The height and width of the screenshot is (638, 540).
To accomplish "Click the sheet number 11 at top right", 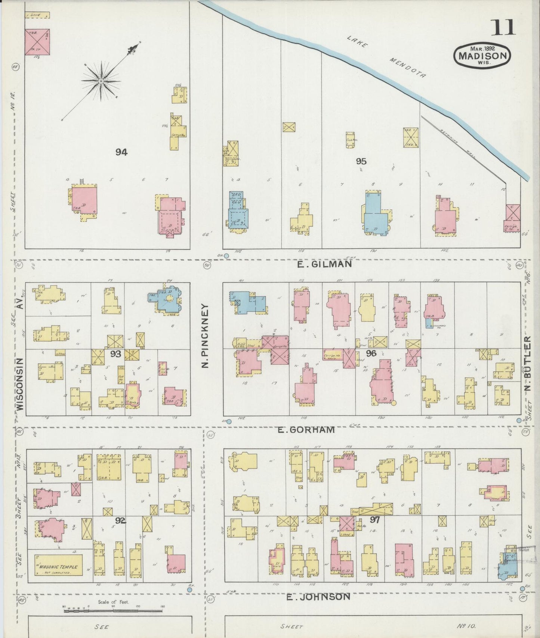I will pyautogui.click(x=503, y=27).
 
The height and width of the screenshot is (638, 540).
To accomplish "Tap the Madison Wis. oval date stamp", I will pyautogui.click(x=482, y=56).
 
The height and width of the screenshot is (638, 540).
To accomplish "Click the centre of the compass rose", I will pyautogui.click(x=101, y=81).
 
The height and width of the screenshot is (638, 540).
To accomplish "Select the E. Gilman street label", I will pyautogui.click(x=324, y=264).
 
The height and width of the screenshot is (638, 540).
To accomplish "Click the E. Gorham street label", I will pyautogui.click(x=306, y=430).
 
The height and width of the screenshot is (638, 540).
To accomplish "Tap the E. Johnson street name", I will pyautogui.click(x=318, y=597).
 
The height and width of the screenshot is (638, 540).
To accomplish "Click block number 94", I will pyautogui.click(x=121, y=152).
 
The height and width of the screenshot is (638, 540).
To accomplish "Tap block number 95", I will pyautogui.click(x=361, y=161).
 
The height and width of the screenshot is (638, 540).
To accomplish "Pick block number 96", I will pyautogui.click(x=371, y=353).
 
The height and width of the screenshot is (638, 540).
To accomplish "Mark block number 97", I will pyautogui.click(x=374, y=520).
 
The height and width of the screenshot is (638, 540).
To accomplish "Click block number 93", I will pyautogui.click(x=115, y=353).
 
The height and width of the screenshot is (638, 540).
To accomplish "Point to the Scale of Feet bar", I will pyautogui.click(x=113, y=609).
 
